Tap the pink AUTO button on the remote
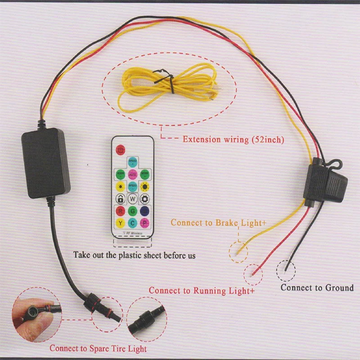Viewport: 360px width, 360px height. (133, 174)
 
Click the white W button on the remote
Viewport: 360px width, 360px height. (133, 198)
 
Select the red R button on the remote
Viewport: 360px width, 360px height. (120, 211)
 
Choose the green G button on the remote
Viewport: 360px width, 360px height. (133, 211)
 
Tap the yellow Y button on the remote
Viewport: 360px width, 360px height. (120, 223)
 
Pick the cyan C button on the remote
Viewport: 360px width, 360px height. (133, 223)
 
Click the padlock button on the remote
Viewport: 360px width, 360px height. (120, 198)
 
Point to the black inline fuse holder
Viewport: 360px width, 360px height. (325, 182)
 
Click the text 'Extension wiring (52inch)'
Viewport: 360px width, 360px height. (233, 139)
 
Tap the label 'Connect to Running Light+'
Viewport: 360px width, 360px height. (202, 291)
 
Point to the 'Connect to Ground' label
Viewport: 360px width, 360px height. (317, 288)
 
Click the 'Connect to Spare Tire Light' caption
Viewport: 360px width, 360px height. (98, 348)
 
